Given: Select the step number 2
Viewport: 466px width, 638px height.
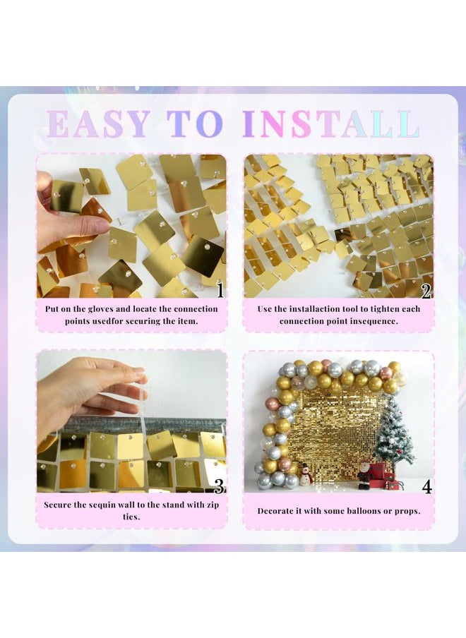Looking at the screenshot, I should (426, 290).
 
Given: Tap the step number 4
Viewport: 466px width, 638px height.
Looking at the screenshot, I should (426, 485).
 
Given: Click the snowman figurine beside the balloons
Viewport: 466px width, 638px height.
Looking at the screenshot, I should (306, 475).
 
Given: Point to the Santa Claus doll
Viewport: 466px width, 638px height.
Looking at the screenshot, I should (364, 474).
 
